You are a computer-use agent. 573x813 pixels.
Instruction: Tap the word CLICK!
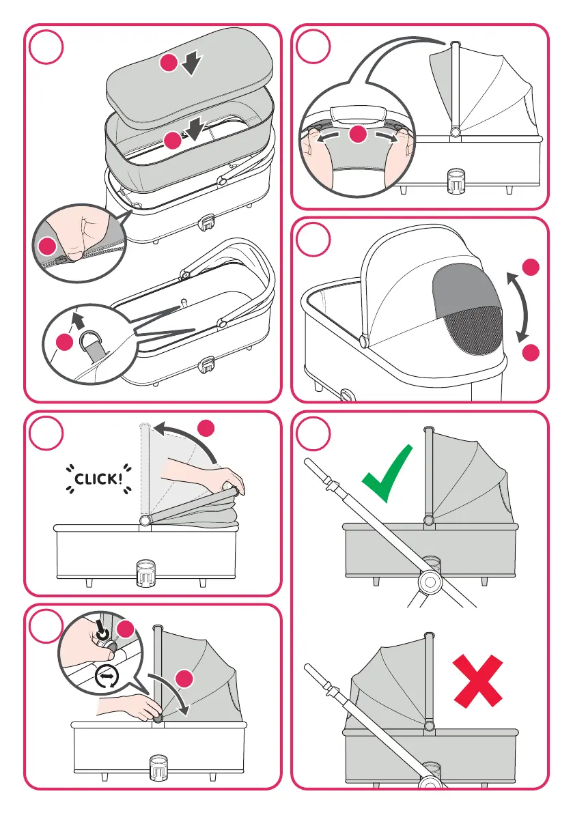click(x=95, y=478)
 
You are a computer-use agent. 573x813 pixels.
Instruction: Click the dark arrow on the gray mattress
click(x=193, y=64)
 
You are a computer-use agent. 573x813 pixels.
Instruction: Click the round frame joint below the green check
click(x=428, y=581)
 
